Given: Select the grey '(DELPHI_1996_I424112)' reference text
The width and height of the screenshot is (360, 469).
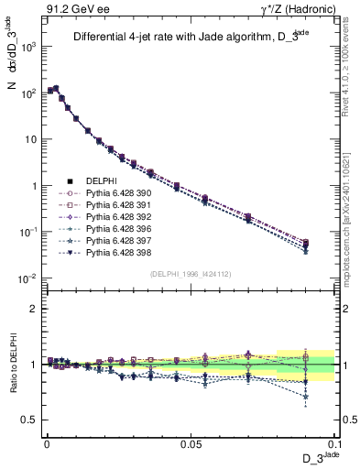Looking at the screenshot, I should pyautogui.click(x=191, y=273).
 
